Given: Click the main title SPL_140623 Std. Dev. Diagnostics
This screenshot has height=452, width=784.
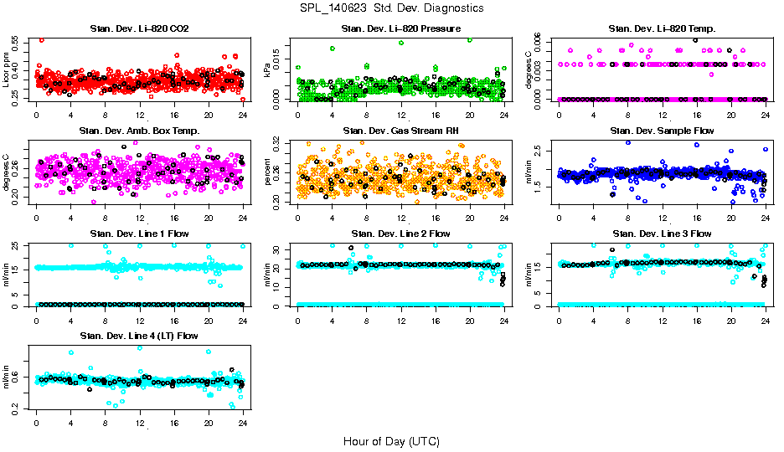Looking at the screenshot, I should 391,8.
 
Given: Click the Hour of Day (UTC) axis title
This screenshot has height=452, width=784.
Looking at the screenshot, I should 391,441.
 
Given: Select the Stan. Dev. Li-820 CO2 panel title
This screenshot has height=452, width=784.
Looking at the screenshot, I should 139,29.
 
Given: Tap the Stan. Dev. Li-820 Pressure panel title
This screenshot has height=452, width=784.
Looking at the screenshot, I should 400,29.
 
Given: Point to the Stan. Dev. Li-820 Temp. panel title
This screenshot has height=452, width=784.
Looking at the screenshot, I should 662,29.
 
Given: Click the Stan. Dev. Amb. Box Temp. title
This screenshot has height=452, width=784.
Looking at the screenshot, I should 139,131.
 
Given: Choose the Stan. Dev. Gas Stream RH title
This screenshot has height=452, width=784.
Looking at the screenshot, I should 400,131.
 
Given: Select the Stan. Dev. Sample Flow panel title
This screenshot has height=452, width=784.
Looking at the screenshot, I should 662,131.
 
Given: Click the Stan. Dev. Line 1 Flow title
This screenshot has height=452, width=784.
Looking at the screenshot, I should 139,234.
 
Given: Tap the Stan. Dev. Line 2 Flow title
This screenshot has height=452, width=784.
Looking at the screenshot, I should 400,234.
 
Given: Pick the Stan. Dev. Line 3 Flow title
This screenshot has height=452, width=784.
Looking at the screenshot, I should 662,234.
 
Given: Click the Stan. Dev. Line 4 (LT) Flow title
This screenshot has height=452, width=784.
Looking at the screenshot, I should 139,336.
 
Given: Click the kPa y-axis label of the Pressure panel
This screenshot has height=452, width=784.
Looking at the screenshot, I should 268,72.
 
